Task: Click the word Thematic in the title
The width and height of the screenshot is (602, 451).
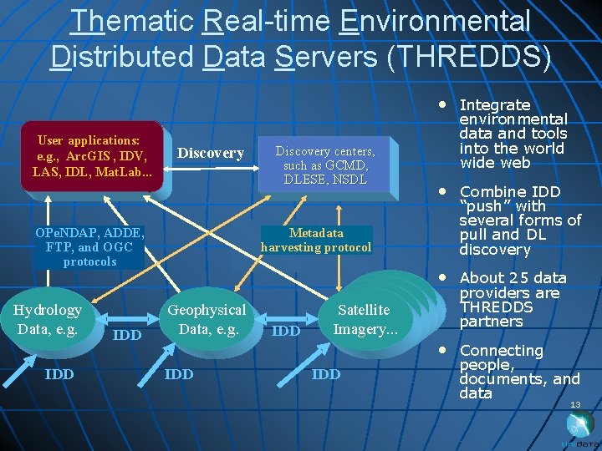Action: (x=132, y=22)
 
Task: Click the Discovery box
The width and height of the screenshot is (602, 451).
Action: (x=211, y=153)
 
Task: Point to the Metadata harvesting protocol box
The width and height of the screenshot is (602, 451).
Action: (x=316, y=240)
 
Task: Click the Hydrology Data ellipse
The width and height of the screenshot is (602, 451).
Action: (x=48, y=319)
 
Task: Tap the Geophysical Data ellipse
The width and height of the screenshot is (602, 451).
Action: (x=207, y=319)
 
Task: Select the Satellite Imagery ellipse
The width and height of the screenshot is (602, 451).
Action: (x=364, y=319)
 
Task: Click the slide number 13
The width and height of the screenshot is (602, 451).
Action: (x=575, y=405)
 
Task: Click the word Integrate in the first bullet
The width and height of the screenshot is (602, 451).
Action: (x=495, y=105)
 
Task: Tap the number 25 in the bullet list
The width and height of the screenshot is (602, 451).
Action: (x=520, y=278)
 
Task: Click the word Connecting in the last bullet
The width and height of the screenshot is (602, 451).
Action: (x=501, y=351)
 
